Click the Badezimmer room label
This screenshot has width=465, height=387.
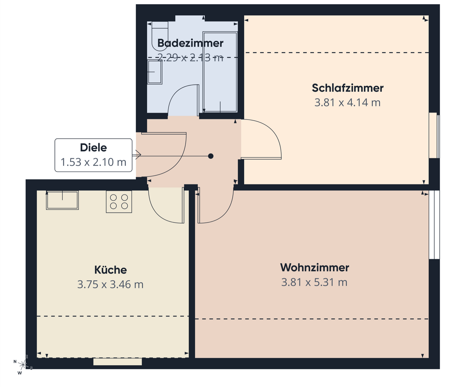pyautogui.click(x=190, y=43)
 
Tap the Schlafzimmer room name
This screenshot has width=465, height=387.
pyautogui.click(x=347, y=88)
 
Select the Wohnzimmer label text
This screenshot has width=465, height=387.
pyautogui.click(x=315, y=267)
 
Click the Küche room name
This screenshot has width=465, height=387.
pyautogui.click(x=110, y=270)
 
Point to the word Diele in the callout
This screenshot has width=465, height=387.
pyautogui.click(x=93, y=148)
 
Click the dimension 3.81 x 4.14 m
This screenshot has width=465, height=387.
pyautogui.click(x=347, y=102)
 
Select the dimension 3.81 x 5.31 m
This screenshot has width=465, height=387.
pyautogui.click(x=314, y=282)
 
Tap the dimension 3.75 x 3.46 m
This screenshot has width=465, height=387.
pyautogui.click(x=110, y=285)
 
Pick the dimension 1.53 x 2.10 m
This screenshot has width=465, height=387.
pyautogui.click(x=93, y=162)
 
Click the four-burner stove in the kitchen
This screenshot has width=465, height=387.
pyautogui.click(x=119, y=202)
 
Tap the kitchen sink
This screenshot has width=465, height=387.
pyautogui.click(x=62, y=200)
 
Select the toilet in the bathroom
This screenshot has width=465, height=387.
pyautogui.click(x=160, y=36)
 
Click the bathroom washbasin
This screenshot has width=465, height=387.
pyautogui.click(x=155, y=72)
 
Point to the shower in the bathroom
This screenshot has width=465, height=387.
pyautogui.click(x=220, y=72)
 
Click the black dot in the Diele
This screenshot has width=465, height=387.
pyautogui.click(x=211, y=156)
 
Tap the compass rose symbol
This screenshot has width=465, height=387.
pyautogui.click(x=22, y=365)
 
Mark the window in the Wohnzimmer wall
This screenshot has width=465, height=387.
pyautogui.click(x=434, y=225)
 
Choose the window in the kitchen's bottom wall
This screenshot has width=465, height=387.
pyautogui.click(x=118, y=362)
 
